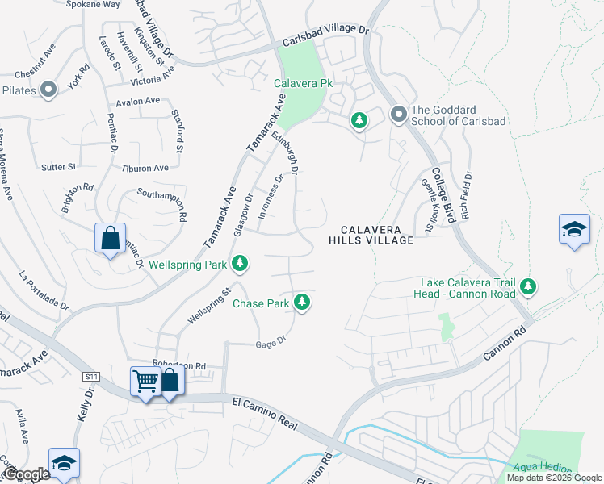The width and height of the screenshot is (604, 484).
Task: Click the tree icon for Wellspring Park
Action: [x=240, y=263]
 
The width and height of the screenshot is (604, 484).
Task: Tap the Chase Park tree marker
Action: [x=302, y=303]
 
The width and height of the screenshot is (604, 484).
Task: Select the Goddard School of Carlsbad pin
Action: [x=397, y=115]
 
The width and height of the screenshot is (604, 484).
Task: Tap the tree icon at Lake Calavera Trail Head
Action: [x=528, y=286]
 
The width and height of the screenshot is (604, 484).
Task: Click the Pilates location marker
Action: [x=48, y=90]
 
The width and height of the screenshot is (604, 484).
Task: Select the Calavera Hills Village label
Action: [x=371, y=234]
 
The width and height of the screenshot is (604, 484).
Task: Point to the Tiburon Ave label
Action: [x=145, y=168]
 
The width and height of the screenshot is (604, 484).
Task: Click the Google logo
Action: [x=27, y=474]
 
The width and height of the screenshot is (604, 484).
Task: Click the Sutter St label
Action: [x=58, y=167]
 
